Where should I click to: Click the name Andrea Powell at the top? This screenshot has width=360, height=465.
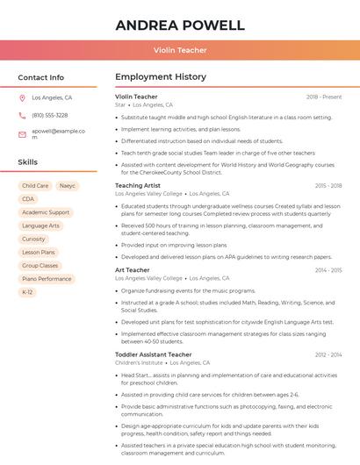(x=180, y=25)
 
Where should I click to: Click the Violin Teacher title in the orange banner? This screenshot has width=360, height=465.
(x=180, y=50)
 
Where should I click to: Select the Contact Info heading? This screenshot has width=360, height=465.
(x=41, y=77)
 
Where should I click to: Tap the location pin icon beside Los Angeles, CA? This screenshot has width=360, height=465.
(x=22, y=98)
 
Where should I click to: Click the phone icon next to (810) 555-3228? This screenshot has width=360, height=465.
(x=22, y=115)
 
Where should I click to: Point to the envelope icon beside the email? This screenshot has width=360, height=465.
(x=22, y=134)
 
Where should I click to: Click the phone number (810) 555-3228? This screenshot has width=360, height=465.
(x=49, y=115)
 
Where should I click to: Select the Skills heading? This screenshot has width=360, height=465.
(x=28, y=162)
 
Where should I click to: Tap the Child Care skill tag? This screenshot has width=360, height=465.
(x=35, y=186)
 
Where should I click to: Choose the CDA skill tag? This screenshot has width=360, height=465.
(x=28, y=199)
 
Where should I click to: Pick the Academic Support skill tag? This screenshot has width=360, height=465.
(x=46, y=212)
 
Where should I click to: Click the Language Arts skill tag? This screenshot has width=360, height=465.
(x=41, y=225)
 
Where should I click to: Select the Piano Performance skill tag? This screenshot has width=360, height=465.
(x=47, y=279)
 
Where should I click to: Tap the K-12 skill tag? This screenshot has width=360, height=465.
(x=28, y=292)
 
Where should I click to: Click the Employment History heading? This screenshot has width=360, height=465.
(x=160, y=77)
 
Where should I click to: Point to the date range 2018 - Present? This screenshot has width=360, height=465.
(x=324, y=97)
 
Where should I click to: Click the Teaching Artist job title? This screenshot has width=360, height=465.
(x=138, y=186)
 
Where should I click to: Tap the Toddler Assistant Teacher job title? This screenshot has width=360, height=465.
(x=153, y=354)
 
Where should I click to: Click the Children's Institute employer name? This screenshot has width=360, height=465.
(x=139, y=362)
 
